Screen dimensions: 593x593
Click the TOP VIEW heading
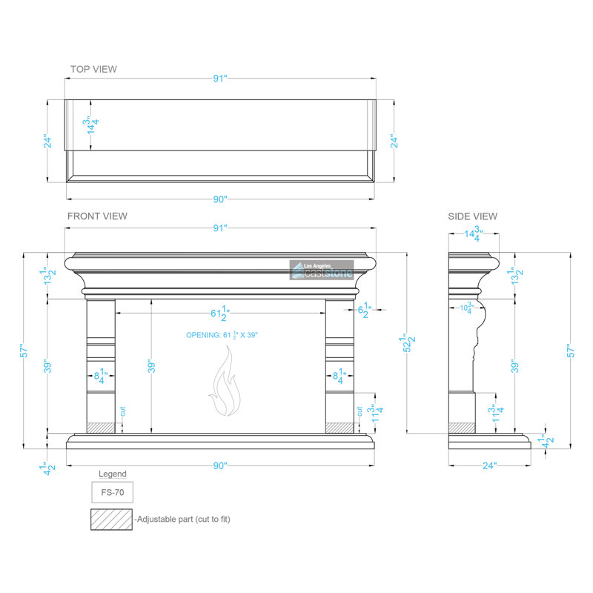[93, 69]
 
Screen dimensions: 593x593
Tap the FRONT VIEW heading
[97, 216]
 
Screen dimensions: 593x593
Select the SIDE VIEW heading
[472, 216]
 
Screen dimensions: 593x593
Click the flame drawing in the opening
[225, 381]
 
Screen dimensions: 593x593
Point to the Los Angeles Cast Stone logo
[322, 270]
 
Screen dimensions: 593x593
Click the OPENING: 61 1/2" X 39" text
[222, 335]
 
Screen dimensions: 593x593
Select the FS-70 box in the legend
[113, 492]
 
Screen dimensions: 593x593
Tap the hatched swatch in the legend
[112, 520]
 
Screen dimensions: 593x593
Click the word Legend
[113, 474]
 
